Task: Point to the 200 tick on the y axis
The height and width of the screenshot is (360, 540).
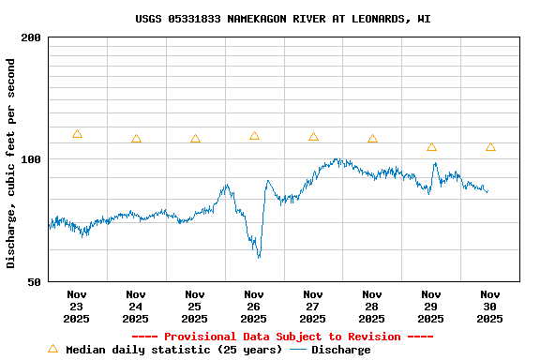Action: point(32,37)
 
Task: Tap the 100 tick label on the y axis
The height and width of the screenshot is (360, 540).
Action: point(32,159)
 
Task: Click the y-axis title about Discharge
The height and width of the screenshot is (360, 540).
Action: point(11,163)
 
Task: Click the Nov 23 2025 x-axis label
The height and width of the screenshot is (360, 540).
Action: point(77,306)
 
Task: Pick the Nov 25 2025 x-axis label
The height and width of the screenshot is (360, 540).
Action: point(195,306)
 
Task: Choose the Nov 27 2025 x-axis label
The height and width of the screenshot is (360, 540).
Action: point(313,306)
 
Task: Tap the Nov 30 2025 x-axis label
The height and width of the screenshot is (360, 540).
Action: point(489,306)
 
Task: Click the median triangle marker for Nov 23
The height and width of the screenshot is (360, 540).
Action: point(77,134)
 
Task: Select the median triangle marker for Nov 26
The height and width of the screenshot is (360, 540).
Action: point(254,136)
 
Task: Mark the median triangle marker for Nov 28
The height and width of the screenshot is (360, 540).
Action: point(372,139)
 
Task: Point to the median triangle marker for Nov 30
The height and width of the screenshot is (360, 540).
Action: point(490,147)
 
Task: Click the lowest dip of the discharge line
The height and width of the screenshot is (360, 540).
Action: point(259,256)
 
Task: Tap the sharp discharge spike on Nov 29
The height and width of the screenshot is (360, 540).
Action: point(434,165)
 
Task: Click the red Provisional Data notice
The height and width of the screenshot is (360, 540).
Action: point(282,337)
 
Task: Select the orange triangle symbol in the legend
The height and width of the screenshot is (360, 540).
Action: point(53,349)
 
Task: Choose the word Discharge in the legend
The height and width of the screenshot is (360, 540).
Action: point(340,350)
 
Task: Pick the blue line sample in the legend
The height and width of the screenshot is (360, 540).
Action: point(298,350)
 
